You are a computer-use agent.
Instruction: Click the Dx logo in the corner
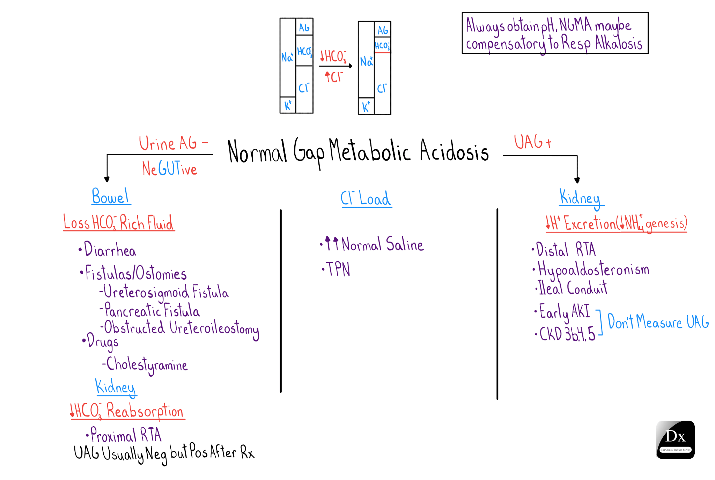tap(675, 440)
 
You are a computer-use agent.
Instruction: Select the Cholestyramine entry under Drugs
tap(146, 365)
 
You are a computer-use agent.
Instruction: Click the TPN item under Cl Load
tap(337, 269)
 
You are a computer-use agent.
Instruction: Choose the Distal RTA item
tap(565, 250)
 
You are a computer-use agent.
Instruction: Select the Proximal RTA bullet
tap(125, 435)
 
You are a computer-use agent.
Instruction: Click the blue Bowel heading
tap(110, 197)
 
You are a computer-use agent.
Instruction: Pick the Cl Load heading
tap(366, 199)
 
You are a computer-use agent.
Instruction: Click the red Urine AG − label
tap(173, 143)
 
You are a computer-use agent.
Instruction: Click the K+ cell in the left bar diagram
tap(288, 105)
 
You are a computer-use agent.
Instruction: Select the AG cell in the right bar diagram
tap(383, 30)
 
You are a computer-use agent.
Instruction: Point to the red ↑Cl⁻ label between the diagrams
tap(334, 77)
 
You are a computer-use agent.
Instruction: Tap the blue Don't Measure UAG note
tap(658, 322)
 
